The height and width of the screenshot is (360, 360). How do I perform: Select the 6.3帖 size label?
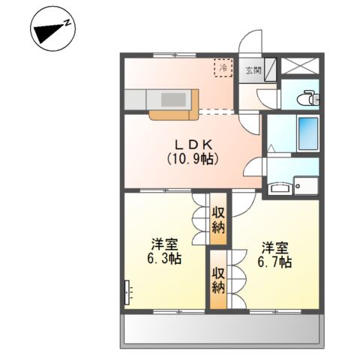pos(164,259)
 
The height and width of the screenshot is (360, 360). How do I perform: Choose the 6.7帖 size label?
pos(275,262)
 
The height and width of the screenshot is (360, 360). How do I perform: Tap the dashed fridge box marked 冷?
pos(223,68)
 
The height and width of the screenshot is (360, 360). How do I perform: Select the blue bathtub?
pos(308,133)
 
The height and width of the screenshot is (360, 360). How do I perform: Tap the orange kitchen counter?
pos(173,112)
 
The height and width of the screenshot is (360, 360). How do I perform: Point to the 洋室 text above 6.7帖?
pos(275,247)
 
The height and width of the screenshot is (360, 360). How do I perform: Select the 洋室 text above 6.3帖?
pos(164,244)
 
